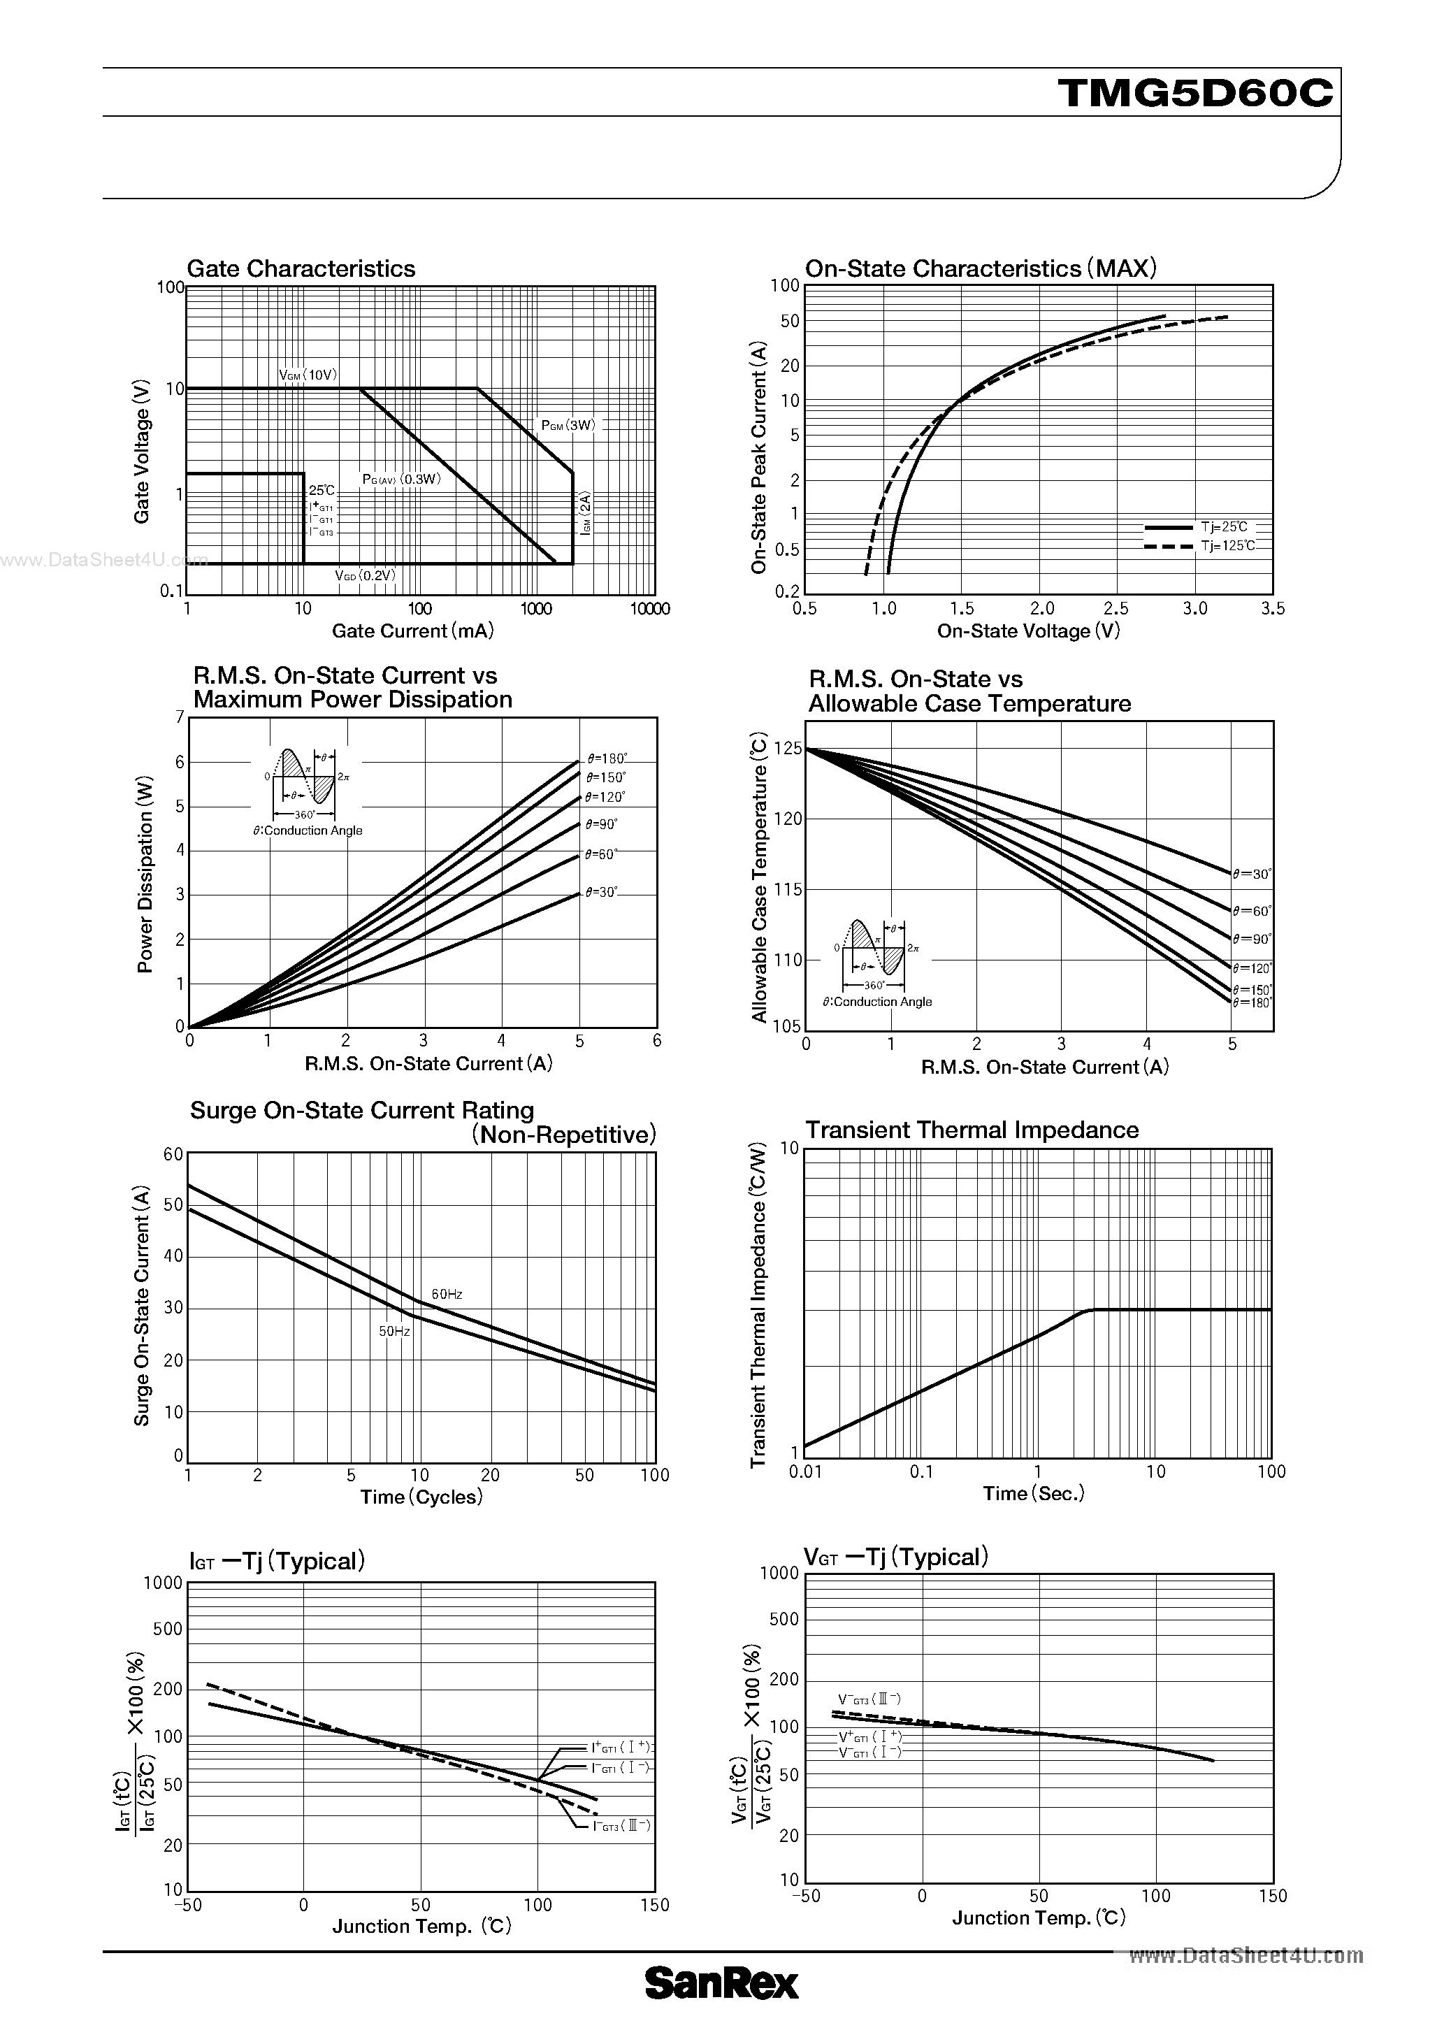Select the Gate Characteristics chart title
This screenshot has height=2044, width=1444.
pyautogui.click(x=301, y=269)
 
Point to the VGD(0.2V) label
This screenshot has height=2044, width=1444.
pyautogui.click(x=365, y=575)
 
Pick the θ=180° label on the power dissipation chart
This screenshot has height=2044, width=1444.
pyautogui.click(x=606, y=758)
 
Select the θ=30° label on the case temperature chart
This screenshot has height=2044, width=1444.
pyautogui.click(x=1252, y=875)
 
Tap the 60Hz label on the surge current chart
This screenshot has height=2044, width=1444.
pyautogui.click(x=447, y=1293)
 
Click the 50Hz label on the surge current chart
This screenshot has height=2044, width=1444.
pyautogui.click(x=394, y=1331)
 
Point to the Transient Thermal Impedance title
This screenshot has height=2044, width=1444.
pyautogui.click(x=972, y=1130)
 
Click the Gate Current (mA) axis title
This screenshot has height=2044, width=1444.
pyautogui.click(x=412, y=631)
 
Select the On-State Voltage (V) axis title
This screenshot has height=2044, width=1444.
pyautogui.click(x=1028, y=631)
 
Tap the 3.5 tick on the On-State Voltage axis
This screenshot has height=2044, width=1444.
pyautogui.click(x=1273, y=609)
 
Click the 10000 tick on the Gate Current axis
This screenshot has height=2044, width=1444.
pyautogui.click(x=649, y=609)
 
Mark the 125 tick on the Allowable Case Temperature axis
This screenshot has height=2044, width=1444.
pyautogui.click(x=788, y=749)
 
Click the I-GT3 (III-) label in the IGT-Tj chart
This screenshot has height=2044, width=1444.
pyautogui.click(x=621, y=1826)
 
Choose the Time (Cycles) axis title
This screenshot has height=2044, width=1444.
pyautogui.click(x=421, y=1497)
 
